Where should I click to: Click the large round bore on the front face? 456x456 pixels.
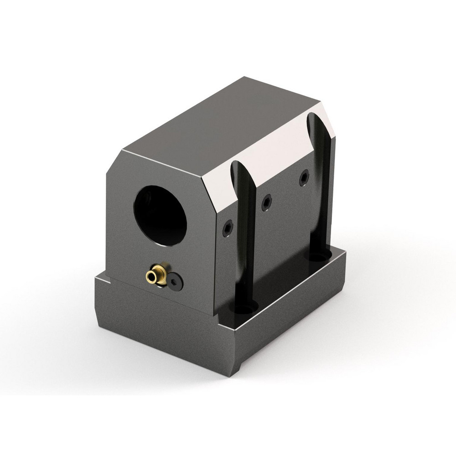coord(160,214)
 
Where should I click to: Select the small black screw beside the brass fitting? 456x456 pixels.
coord(175,282)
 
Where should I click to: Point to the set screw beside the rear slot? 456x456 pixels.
coord(304,178)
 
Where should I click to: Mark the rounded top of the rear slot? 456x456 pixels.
coord(314,119)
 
